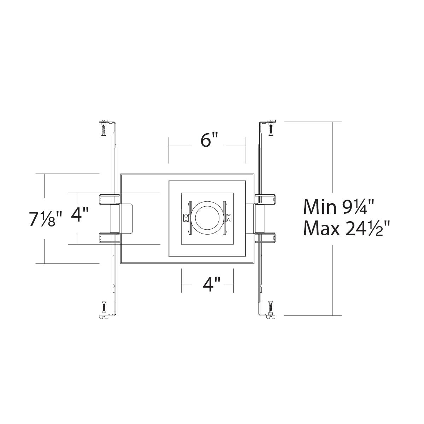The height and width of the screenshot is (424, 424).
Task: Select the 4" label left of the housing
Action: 80,214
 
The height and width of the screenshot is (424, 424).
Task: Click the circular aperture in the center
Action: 207,218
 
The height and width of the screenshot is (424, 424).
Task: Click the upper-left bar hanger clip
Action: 110,199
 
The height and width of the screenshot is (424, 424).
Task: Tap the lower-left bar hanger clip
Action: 110,238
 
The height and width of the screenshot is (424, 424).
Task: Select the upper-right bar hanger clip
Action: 265,199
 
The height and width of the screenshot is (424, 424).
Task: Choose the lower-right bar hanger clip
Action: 265,238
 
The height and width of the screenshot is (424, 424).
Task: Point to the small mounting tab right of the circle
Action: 229,218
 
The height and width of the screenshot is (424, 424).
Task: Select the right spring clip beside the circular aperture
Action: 224,218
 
